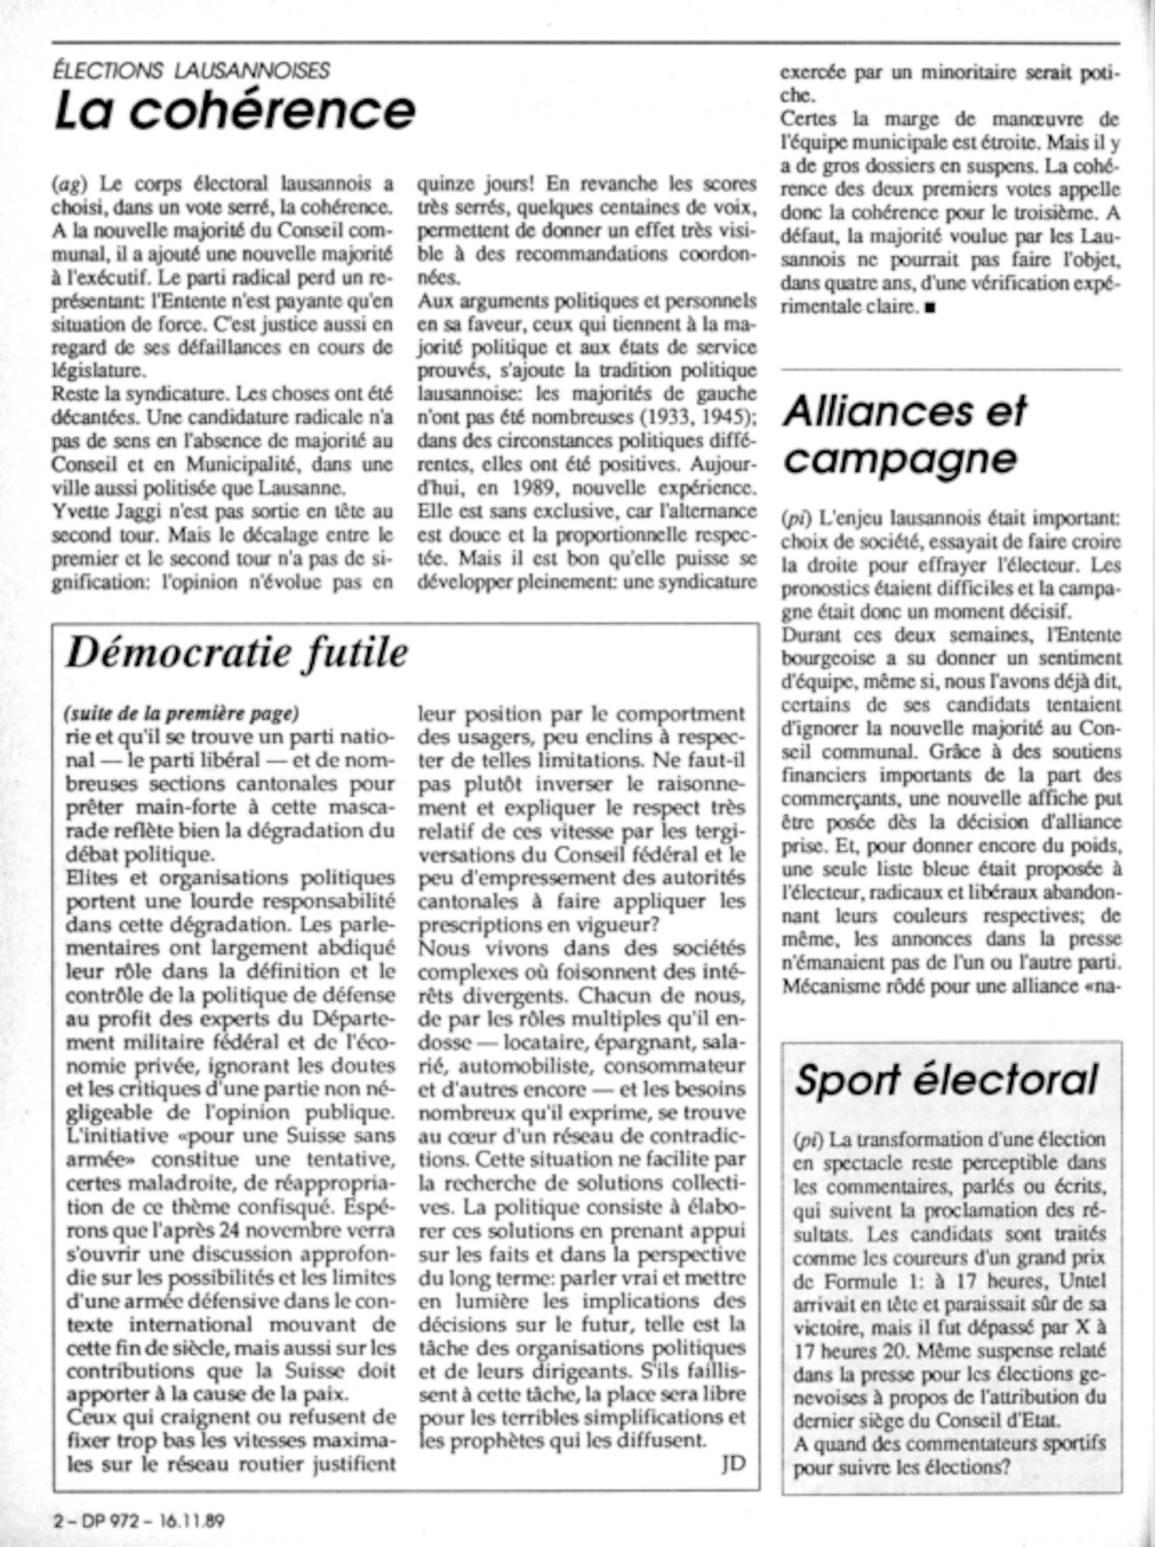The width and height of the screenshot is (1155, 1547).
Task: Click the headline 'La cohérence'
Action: [235, 111]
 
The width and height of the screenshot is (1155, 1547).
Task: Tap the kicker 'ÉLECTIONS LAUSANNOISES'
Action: [191, 70]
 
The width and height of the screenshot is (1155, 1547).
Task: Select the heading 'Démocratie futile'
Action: [236, 654]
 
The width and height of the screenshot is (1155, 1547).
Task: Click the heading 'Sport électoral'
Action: [947, 1080]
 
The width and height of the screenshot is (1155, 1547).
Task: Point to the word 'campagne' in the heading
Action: [900, 458]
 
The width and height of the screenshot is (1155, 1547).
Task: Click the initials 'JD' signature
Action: [733, 1463]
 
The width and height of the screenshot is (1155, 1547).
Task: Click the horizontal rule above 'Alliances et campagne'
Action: [950, 369]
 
